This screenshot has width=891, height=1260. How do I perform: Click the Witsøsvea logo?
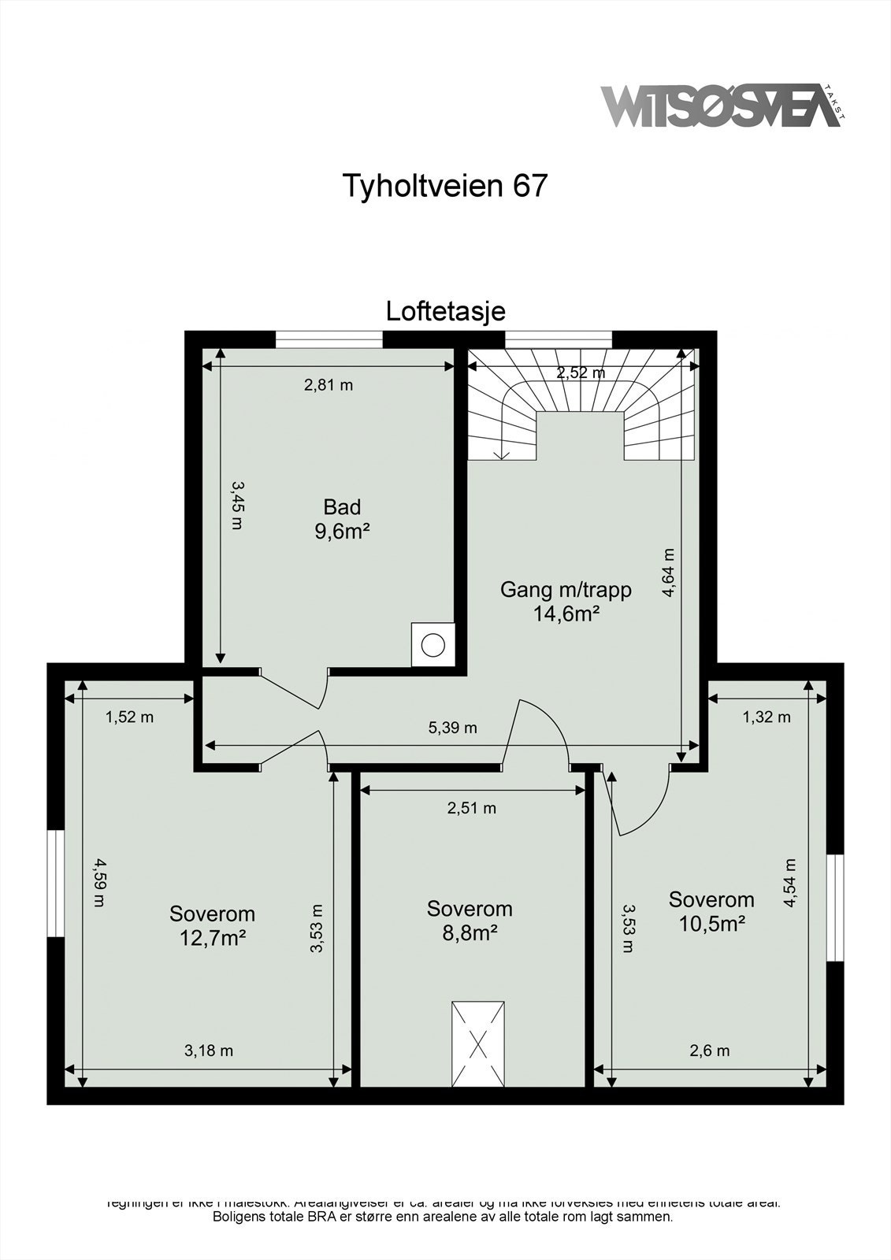coord(721,106)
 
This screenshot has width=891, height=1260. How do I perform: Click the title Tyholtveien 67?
coord(444,186)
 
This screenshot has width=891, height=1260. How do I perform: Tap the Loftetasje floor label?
coord(445,311)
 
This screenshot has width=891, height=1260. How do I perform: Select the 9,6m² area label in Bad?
coord(342,532)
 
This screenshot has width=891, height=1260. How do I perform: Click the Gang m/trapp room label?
coord(566,589)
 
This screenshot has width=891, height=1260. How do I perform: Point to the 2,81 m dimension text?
coord(329,385)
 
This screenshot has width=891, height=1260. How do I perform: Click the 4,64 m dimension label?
coord(668,573)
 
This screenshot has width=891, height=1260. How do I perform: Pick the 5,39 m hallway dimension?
coord(452,728)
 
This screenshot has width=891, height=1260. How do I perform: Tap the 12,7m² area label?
coord(212,938)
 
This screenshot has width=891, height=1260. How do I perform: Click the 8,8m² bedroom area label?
coord(470,932)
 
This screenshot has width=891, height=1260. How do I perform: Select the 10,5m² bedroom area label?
coord(711,923)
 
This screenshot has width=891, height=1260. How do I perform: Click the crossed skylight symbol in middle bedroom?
coord(478,1044)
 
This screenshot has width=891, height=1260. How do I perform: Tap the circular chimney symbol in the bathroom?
coord(433,645)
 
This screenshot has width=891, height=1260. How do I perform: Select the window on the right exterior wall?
coord(835,907)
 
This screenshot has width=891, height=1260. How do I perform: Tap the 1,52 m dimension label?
coord(129,717)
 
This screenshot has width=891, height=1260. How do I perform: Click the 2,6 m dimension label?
coord(709,1051)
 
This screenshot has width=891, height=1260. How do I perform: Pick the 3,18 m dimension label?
coord(209,1051)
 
